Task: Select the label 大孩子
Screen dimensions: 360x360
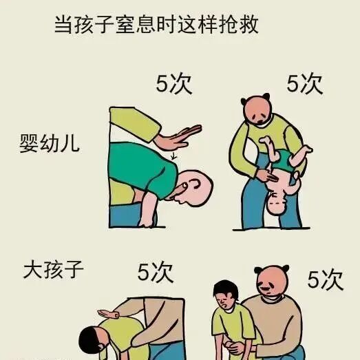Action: pos(54,267)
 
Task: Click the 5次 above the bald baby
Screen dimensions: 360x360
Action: pos(174,85)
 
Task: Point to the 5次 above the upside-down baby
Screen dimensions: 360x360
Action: pos(304,84)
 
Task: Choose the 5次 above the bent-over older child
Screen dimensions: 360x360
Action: pos(155,271)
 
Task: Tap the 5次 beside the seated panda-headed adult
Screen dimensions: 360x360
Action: pos(325,279)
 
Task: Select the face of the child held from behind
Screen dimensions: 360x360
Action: pos(225,297)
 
